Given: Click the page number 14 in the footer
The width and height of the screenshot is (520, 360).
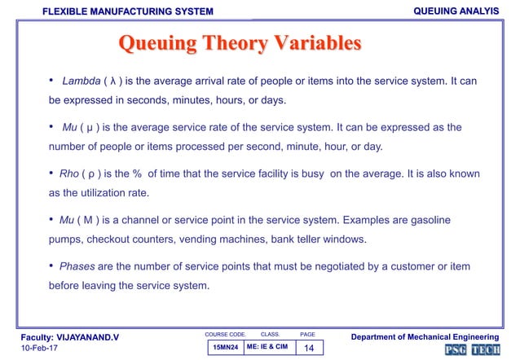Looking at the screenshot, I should (308, 348).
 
